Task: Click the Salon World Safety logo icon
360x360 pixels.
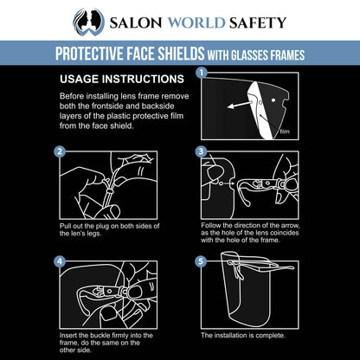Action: pos(88,22)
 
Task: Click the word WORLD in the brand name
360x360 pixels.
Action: pos(196,22)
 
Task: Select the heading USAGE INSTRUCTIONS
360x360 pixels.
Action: pos(122,79)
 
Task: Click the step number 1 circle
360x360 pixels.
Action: pos(202,73)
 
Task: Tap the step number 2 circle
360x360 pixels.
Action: pos(60,151)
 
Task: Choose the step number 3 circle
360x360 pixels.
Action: pos(201,151)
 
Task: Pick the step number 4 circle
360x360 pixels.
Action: pos(60,261)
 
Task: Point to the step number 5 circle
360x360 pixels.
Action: pos(201,261)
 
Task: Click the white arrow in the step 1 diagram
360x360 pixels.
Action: pos(239,105)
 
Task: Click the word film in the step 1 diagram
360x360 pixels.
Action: pos(285,132)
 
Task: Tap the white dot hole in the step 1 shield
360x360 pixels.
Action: pos(273,100)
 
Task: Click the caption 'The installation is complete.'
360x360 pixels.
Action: pos(243,336)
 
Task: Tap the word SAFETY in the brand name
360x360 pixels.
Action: pos(258,22)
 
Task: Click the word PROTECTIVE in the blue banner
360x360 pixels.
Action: pos(89,54)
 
